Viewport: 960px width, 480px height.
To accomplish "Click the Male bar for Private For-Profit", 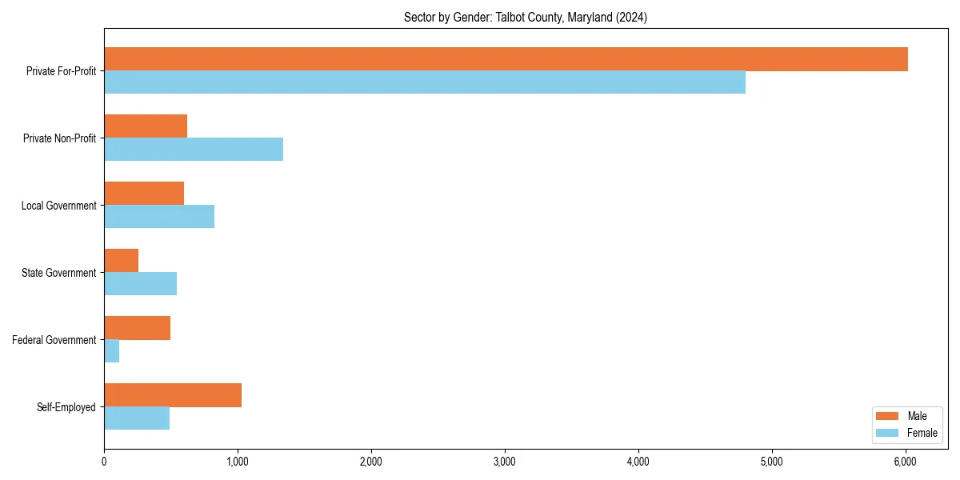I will click(506, 59).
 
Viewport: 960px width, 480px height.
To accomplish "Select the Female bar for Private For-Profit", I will click(425, 82).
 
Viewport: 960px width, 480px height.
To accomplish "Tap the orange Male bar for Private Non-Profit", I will click(146, 126).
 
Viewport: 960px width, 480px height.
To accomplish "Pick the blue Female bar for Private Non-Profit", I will click(194, 150).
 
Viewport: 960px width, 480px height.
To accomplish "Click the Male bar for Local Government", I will click(144, 194).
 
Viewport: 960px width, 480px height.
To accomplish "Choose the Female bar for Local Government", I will click(159, 217).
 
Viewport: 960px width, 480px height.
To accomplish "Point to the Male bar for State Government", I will click(121, 261).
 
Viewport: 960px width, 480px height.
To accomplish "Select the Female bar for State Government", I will click(140, 284).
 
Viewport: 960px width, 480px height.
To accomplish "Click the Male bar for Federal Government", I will click(137, 328).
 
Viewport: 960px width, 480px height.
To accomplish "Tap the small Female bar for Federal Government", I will click(111, 351).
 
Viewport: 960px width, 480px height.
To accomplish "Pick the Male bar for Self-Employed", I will click(173, 395).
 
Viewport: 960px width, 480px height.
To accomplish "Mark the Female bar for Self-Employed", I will click(137, 418).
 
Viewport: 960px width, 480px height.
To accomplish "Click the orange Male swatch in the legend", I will click(888, 416).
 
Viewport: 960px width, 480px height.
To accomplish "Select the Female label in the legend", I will click(922, 433).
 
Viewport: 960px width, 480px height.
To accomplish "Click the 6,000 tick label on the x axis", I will click(905, 462).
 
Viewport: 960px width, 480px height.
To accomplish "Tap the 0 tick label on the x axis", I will click(104, 462).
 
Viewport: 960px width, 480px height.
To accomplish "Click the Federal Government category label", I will click(54, 340).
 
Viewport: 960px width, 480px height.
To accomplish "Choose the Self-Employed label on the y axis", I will click(66, 407).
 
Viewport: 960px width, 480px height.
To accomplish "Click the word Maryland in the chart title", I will click(590, 18).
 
